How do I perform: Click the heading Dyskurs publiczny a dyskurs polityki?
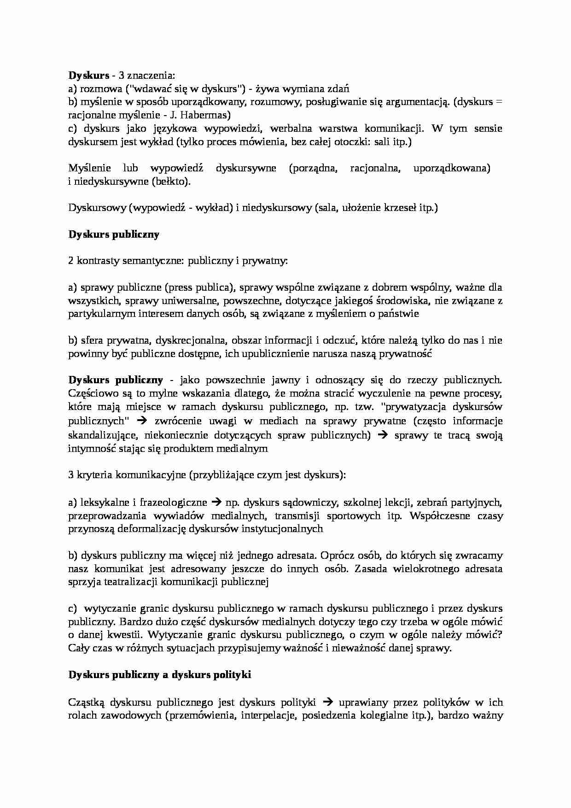(x=160, y=675)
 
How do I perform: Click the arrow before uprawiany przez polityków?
(x=328, y=703)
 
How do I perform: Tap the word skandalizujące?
(x=103, y=435)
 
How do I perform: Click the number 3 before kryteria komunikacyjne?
(x=71, y=475)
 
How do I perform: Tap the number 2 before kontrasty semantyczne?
(x=71, y=261)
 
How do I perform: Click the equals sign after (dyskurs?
(x=498, y=102)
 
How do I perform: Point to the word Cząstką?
(x=87, y=703)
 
